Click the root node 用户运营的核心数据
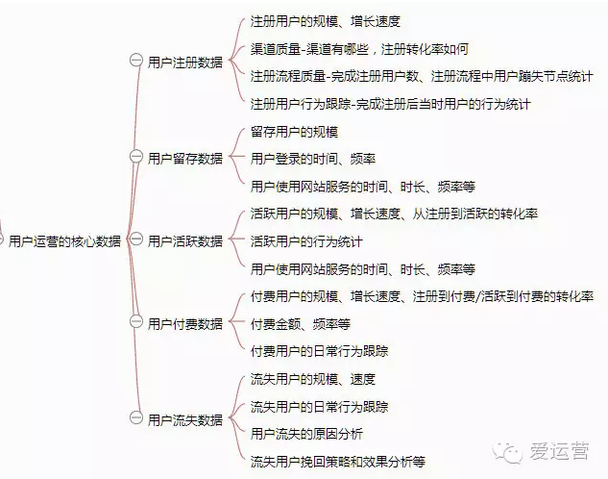pos(64,241)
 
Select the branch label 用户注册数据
pos(185,63)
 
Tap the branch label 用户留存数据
pos(185,159)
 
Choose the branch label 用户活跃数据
pos(185,241)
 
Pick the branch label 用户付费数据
pos(185,323)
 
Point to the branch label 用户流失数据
pos(185,419)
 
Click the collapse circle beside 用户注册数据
pos(136,61)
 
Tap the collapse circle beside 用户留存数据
pos(136,157)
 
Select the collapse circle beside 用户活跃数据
pos(136,239)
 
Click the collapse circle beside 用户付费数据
pos(136,321)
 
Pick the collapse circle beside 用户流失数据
pos(136,417)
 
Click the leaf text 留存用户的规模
pos(294,132)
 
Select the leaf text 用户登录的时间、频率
pos(313,159)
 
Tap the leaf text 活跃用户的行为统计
pos(306,241)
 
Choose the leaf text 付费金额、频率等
pos(301,324)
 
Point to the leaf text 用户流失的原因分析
pos(306,434)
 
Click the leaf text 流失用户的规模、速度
pos(313,379)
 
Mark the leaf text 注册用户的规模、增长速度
pos(326,21)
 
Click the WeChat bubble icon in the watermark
pos(507,452)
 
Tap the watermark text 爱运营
pos(559,451)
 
